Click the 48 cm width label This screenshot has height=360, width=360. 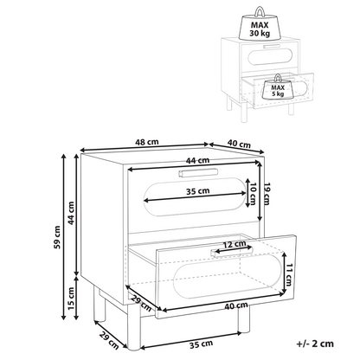coord(147,142)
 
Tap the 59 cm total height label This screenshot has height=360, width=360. coord(57,237)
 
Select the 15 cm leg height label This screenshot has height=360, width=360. coord(71,299)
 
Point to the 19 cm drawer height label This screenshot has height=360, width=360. coord(267,194)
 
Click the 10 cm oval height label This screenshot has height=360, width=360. coord(253,194)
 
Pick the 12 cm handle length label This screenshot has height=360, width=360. coord(235,245)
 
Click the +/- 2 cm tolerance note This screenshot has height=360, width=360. coord(315,344)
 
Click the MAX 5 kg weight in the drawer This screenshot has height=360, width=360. coord(278,88)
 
